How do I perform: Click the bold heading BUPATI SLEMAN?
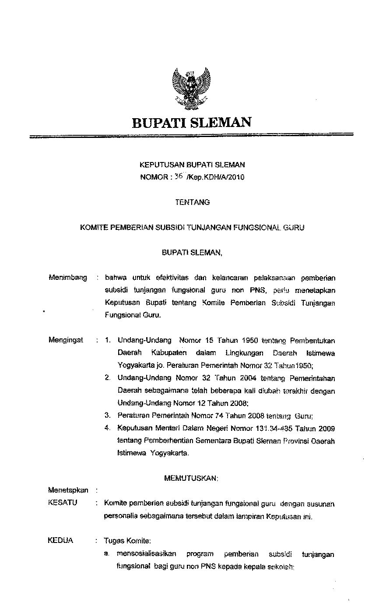(x=192, y=122)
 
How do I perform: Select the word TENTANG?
(x=192, y=202)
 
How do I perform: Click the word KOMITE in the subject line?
(x=90, y=228)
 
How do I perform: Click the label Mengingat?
(x=66, y=340)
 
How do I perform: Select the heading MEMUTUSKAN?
(x=191, y=479)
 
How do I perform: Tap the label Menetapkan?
(x=68, y=490)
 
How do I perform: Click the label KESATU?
(x=63, y=503)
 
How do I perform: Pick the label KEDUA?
(x=60, y=540)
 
